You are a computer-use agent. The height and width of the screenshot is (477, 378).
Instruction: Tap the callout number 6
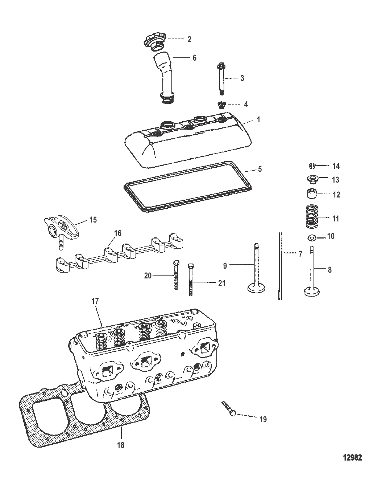(194, 58)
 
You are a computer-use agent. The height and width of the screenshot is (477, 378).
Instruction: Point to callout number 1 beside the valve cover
(258, 120)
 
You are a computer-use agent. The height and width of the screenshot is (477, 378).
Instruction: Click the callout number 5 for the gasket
(260, 169)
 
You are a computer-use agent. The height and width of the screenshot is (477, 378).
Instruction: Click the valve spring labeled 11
(312, 217)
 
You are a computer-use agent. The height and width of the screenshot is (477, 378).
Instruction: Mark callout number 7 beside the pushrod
(300, 254)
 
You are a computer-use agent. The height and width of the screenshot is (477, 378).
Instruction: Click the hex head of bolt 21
(190, 266)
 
